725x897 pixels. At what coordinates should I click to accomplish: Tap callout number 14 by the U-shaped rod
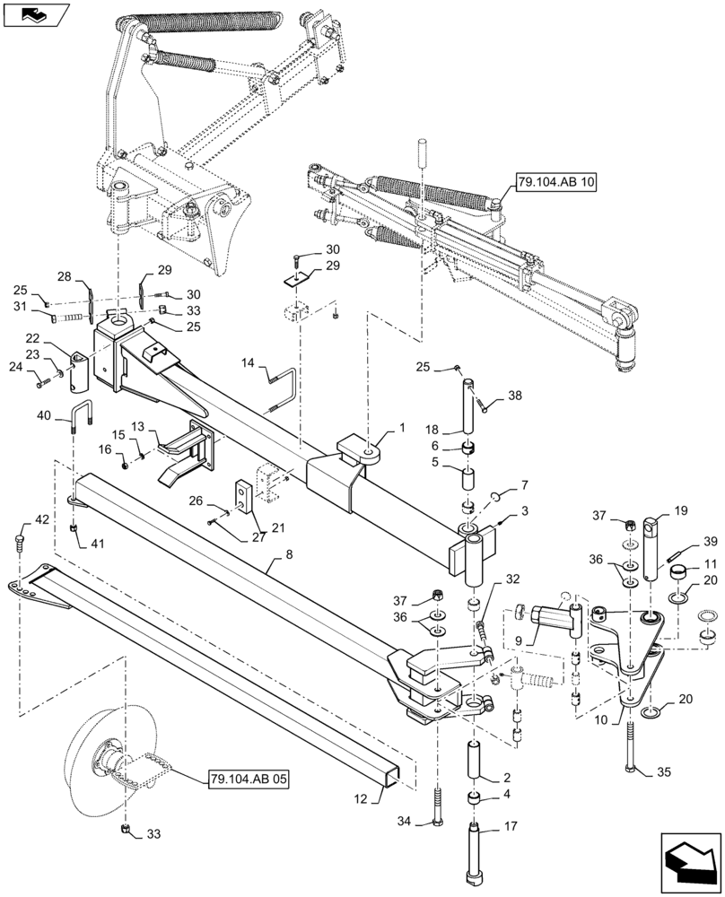(248, 362)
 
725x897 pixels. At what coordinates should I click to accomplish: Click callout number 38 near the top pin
(513, 395)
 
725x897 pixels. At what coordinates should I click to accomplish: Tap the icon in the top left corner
(37, 14)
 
